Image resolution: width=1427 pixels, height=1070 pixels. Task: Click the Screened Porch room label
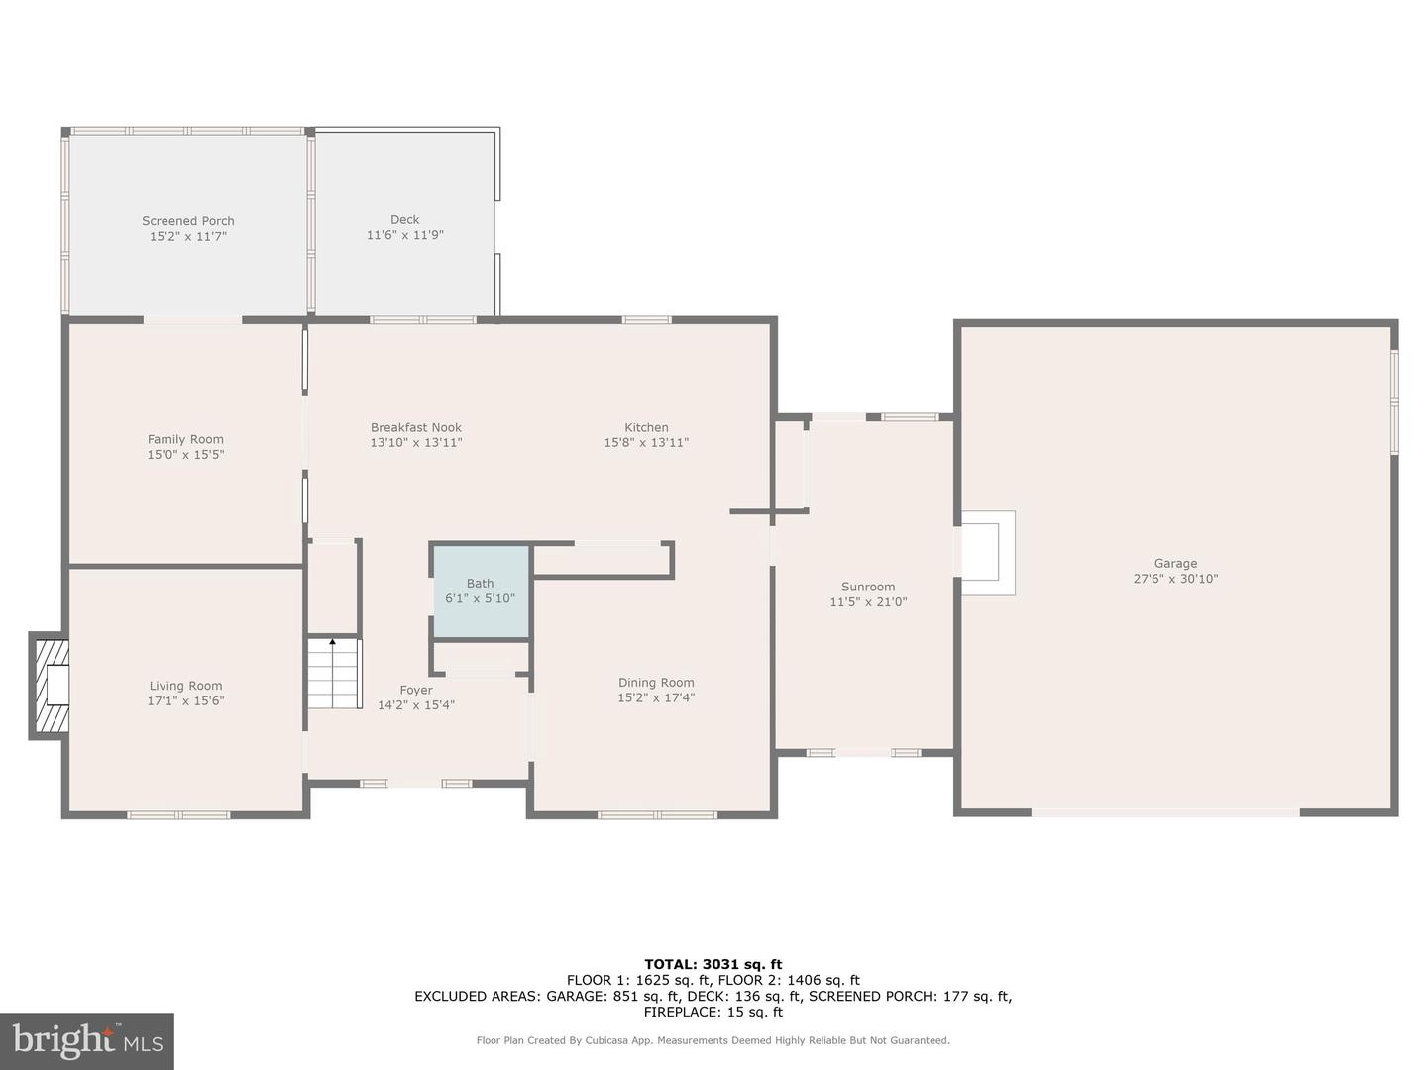pyautogui.click(x=188, y=221)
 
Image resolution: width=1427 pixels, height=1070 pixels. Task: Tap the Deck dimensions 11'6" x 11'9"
pyautogui.click(x=404, y=236)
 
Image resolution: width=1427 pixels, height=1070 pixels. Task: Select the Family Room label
pyautogui.click(x=185, y=439)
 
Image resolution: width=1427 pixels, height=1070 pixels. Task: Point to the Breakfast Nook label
pyautogui.click(x=416, y=428)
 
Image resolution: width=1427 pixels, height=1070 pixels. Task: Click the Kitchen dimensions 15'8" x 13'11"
pyautogui.click(x=646, y=443)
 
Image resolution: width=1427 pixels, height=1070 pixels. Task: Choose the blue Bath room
pyautogui.click(x=481, y=591)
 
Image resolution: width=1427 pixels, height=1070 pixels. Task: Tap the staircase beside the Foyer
pyautogui.click(x=332, y=674)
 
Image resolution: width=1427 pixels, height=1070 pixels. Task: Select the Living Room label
pyautogui.click(x=185, y=686)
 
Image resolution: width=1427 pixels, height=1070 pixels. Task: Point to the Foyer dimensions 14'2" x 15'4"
pyautogui.click(x=416, y=705)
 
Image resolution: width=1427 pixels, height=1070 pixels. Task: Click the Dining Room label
pyautogui.click(x=656, y=683)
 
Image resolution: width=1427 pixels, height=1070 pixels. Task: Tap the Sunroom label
pyautogui.click(x=868, y=587)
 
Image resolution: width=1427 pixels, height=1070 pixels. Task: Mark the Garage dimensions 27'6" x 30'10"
pyautogui.click(x=1175, y=579)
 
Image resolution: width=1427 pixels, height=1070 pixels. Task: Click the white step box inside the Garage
pyautogui.click(x=986, y=553)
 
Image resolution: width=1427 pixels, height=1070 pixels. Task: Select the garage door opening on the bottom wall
pyautogui.click(x=1165, y=812)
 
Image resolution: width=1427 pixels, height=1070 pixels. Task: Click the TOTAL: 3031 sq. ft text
pyautogui.click(x=713, y=964)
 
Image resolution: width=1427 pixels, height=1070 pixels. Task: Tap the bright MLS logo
pyautogui.click(x=87, y=1040)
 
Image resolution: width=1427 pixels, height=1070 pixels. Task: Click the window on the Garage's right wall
pyautogui.click(x=1394, y=401)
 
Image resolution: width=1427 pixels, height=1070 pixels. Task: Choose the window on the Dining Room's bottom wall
pyautogui.click(x=657, y=815)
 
